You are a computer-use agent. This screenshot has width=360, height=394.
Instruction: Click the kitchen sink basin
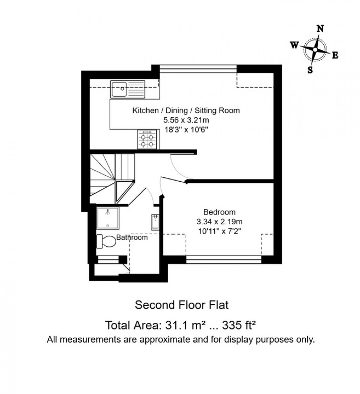coord(119,90)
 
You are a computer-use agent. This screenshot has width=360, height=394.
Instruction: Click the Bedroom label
coord(219,212)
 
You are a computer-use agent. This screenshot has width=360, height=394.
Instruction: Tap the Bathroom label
coord(132,238)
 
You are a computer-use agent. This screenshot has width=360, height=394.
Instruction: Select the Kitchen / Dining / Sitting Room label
coord(186,110)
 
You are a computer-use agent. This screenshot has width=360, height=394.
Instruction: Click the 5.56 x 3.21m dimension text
coord(186,120)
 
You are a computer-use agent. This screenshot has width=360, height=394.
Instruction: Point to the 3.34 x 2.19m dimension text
coord(220,222)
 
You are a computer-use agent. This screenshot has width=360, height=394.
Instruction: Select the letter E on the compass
coord(335,55)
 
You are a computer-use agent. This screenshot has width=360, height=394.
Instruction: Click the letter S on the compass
coord(310,70)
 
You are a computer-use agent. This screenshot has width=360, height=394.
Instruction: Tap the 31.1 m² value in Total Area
coord(182,324)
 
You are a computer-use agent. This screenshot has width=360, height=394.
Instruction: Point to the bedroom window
coord(223,260)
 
